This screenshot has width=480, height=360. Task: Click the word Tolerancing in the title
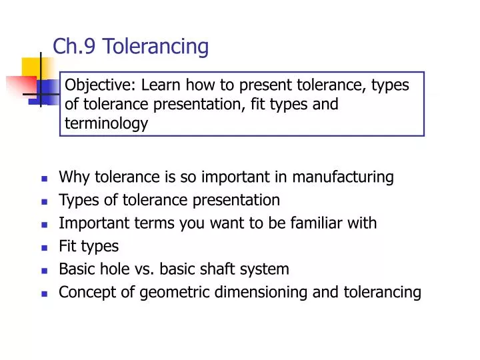pos(156,47)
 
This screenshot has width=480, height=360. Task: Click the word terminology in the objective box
pos(106,123)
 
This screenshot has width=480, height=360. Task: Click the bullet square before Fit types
pos(44,247)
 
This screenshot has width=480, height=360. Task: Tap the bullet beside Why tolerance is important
pos(44,179)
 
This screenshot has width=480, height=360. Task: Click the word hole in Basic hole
pos(112,269)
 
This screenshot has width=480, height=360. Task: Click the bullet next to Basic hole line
pos(44,271)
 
